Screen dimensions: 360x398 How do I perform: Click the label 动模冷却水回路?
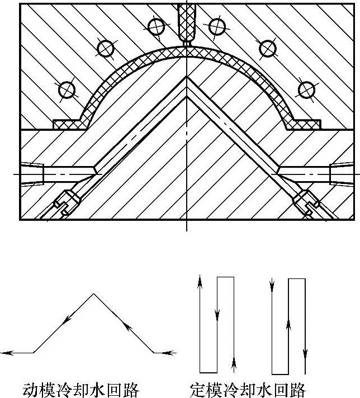coord(80,388)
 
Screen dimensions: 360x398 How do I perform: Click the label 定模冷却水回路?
coord(248,388)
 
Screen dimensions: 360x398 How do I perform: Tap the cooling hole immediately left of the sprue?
coord(155,25)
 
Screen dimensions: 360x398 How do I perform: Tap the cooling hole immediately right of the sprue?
coord(216,25)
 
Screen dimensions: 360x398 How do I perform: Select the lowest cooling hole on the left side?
coord(67,89)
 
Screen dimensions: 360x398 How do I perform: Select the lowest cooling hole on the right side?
coord(306,89)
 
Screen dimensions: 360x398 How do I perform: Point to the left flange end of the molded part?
coord(66,122)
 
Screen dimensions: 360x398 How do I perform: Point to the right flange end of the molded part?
coord(305,122)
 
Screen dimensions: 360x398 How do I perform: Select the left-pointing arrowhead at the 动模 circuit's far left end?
coord(6,353)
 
